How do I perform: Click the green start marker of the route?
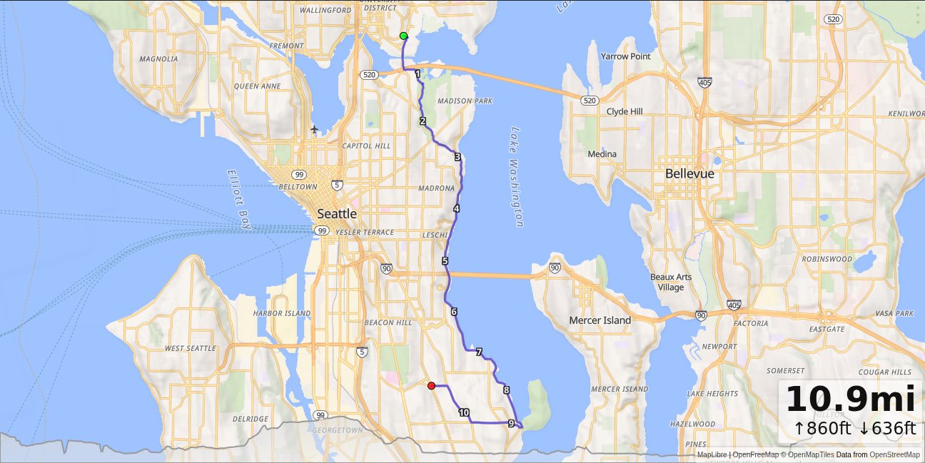404,36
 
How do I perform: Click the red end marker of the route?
431,386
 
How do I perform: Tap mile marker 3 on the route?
457,157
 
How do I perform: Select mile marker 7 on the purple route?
479,352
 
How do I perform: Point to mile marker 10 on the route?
464,412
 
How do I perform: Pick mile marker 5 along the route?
445,261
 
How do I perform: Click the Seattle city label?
337,213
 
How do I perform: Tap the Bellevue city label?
690,173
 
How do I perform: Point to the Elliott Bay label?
239,200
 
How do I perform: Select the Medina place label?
602,154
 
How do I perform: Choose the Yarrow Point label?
625,56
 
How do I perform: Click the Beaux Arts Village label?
671,282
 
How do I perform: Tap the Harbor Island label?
282,313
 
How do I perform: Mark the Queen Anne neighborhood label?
257,86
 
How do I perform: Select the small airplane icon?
315,129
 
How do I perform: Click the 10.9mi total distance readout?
850,399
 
